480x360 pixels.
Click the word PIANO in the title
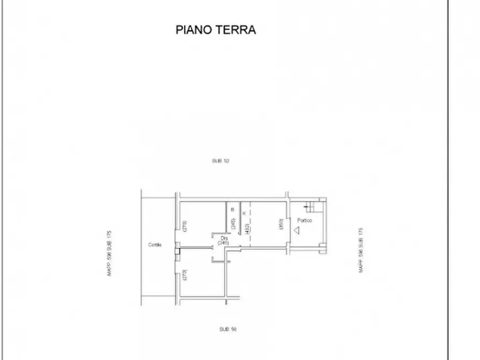[x=194, y=30]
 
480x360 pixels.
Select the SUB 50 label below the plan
[x=227, y=329]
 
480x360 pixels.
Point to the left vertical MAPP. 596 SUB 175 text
[x=109, y=253]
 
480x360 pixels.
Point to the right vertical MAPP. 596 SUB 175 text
[x=361, y=250]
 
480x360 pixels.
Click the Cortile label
[x=155, y=246]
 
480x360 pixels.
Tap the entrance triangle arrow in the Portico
[x=297, y=231]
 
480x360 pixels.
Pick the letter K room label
[x=245, y=213]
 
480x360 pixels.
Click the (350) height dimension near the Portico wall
[x=281, y=224]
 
